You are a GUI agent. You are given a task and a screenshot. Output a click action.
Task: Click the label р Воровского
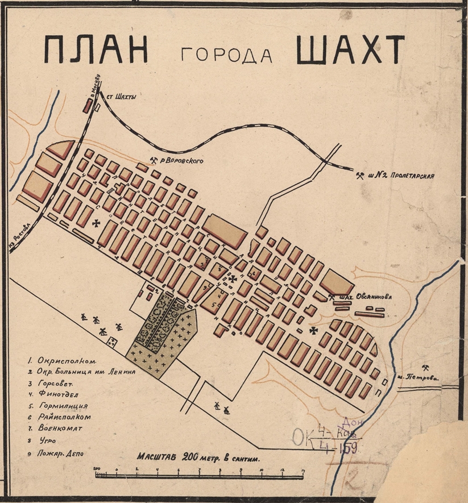click(183, 160)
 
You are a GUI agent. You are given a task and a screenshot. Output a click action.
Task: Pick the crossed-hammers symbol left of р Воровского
click(154, 160)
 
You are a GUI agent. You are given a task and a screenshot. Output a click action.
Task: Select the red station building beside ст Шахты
click(88, 105)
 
